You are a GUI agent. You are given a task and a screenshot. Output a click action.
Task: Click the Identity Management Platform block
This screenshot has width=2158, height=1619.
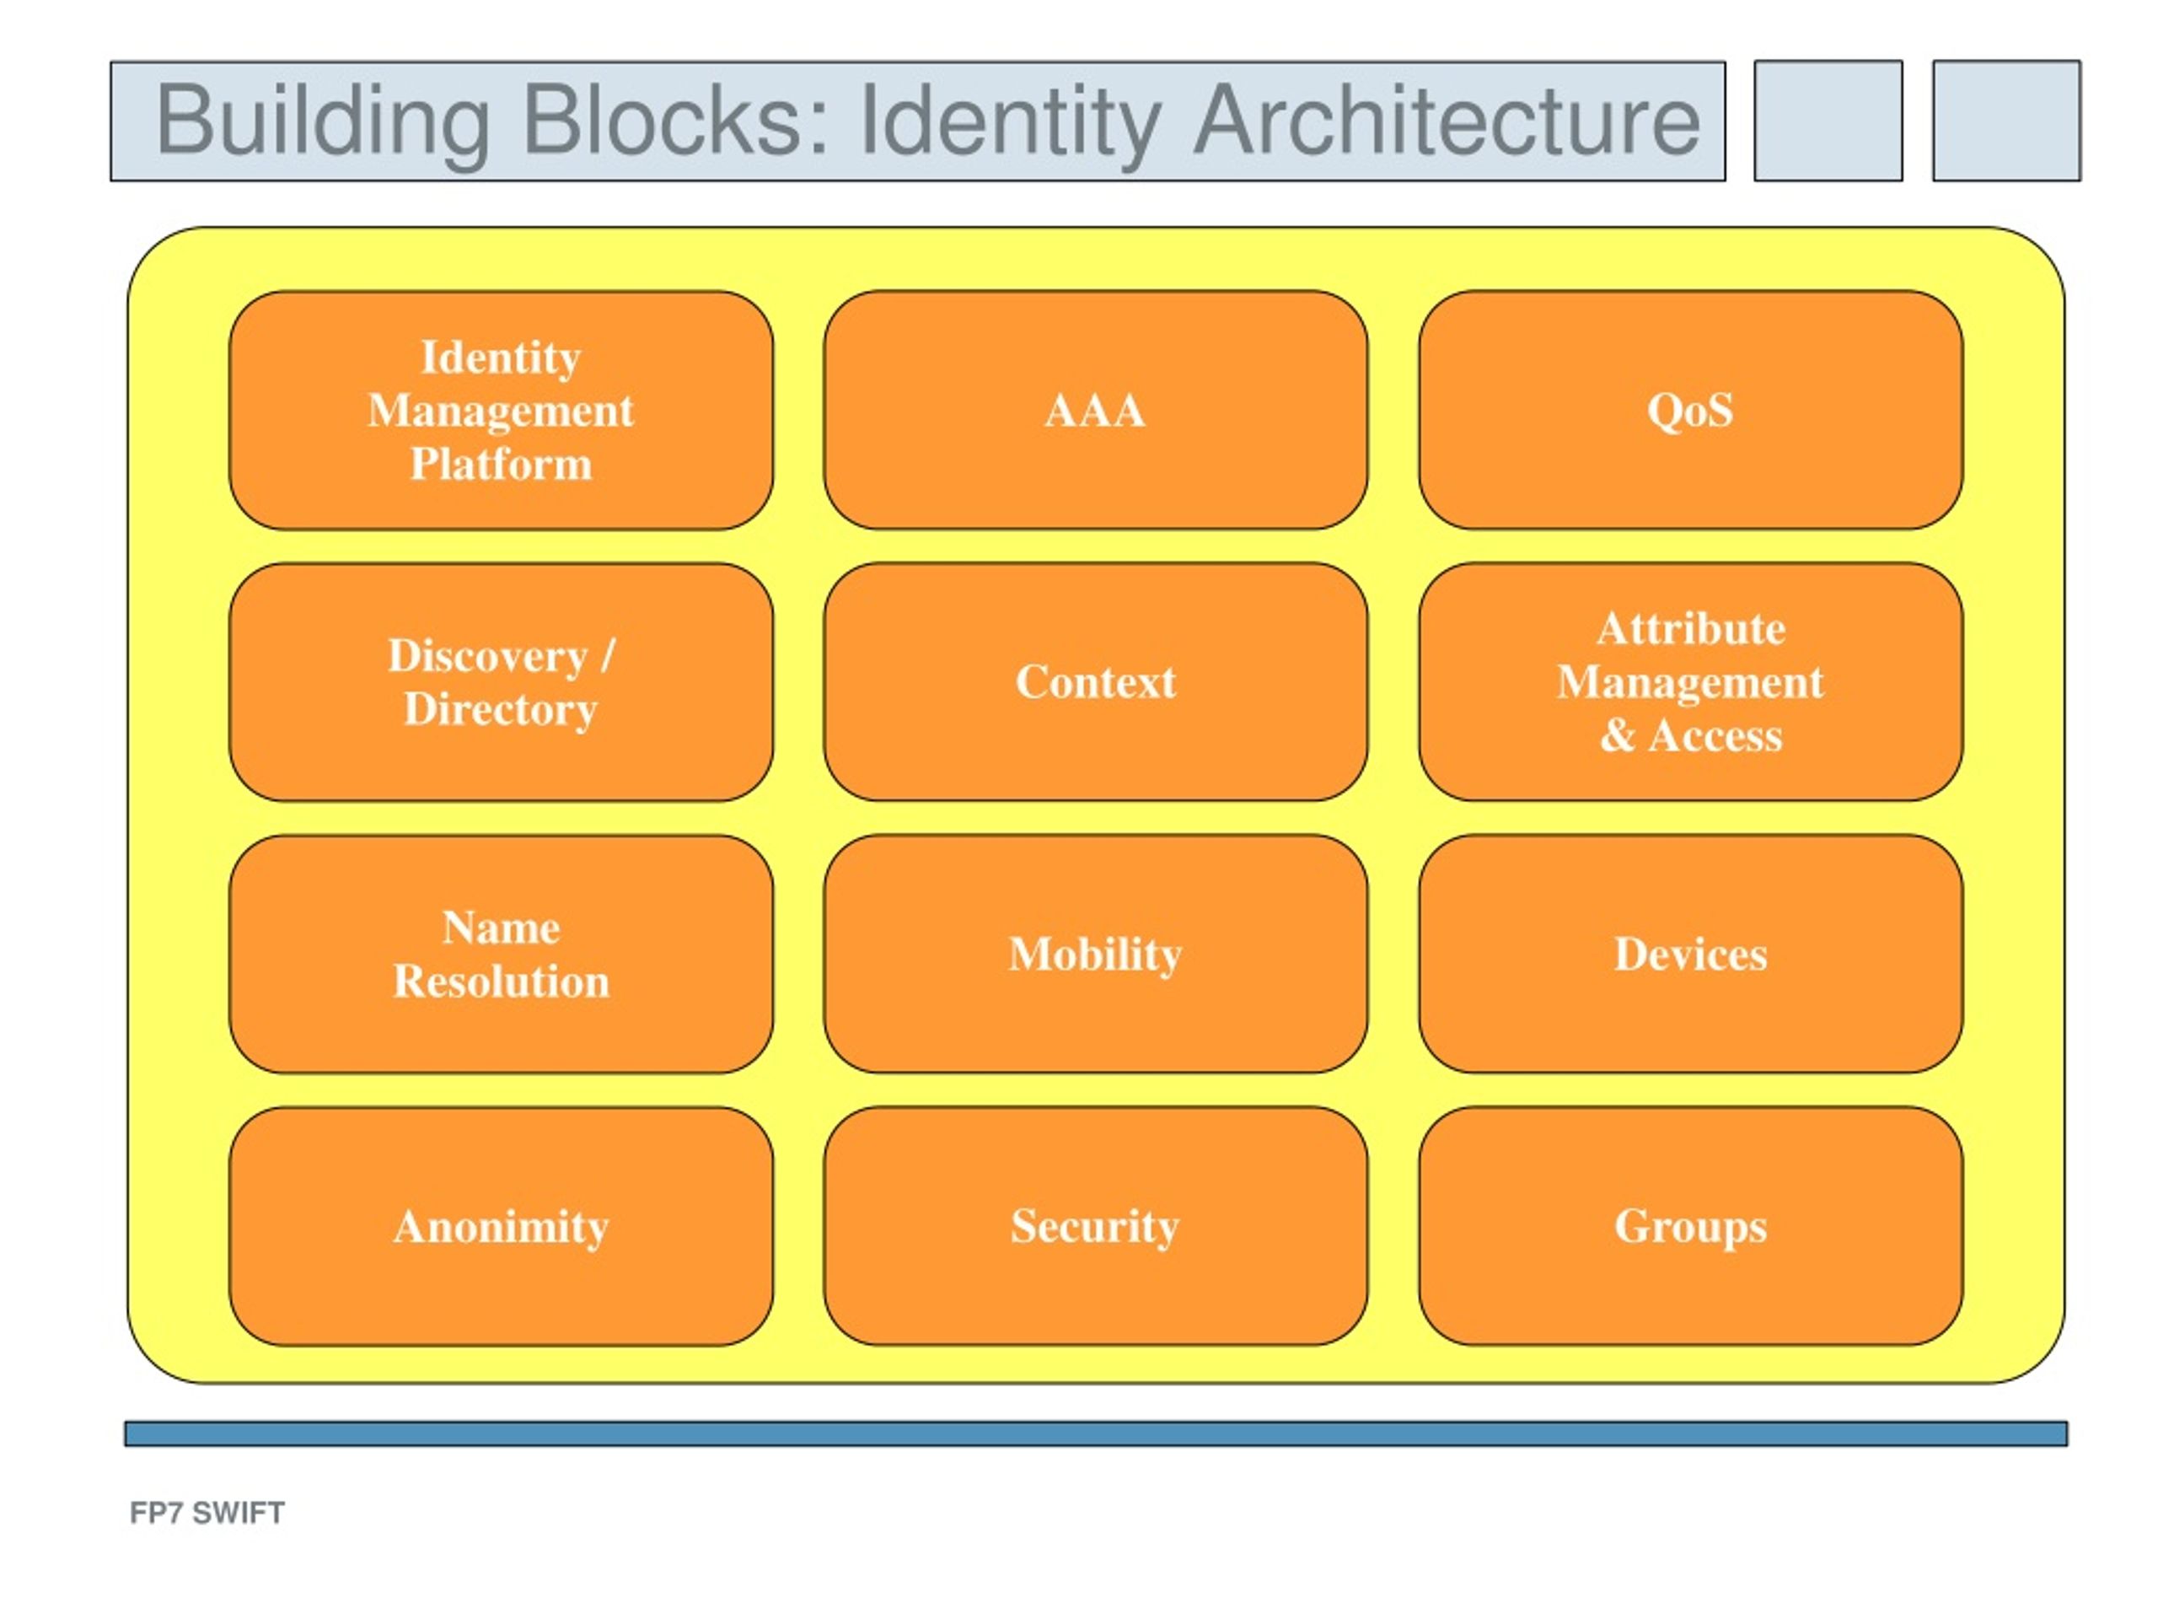(x=502, y=410)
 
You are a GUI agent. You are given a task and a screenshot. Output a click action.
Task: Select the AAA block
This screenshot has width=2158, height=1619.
(x=1096, y=410)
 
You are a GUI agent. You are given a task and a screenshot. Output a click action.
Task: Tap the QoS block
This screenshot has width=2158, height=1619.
(x=1691, y=410)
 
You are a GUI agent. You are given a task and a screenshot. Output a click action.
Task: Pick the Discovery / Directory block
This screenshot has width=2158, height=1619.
(x=502, y=682)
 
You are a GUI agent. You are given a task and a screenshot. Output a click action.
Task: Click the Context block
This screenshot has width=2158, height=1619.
(x=1096, y=682)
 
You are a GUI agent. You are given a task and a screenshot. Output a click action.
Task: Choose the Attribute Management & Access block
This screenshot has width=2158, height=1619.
(x=1691, y=682)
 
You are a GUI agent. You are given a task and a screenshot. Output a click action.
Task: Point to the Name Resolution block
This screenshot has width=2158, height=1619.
(x=502, y=955)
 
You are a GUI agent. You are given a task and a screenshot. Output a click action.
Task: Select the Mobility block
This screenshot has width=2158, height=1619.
(x=1096, y=955)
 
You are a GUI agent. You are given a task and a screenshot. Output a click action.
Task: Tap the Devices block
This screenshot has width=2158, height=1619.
(x=1691, y=955)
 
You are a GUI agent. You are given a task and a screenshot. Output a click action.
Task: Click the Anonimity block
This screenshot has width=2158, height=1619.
(x=502, y=1227)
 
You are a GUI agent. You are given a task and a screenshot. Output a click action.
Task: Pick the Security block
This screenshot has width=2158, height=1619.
(x=1096, y=1227)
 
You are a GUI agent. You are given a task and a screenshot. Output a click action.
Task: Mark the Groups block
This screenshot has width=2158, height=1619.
(x=1691, y=1227)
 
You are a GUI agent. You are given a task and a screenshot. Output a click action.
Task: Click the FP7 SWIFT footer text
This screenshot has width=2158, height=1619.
(x=207, y=1513)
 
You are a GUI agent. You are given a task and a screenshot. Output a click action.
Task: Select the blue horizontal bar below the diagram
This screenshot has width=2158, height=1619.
(x=1096, y=1433)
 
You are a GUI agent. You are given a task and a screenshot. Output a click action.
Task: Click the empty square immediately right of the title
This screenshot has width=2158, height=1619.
(x=1828, y=121)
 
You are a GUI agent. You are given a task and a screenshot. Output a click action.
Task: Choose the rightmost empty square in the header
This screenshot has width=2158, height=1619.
(x=2007, y=121)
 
